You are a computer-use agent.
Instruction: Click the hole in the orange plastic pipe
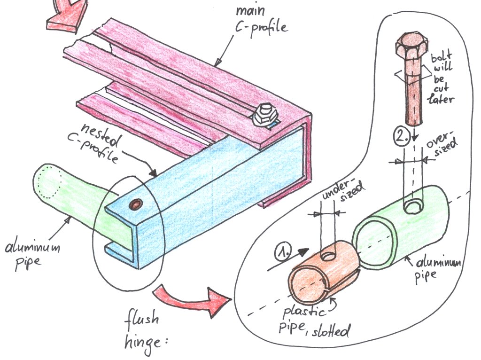point(327,256)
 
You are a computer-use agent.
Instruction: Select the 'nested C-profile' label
point(100,141)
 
